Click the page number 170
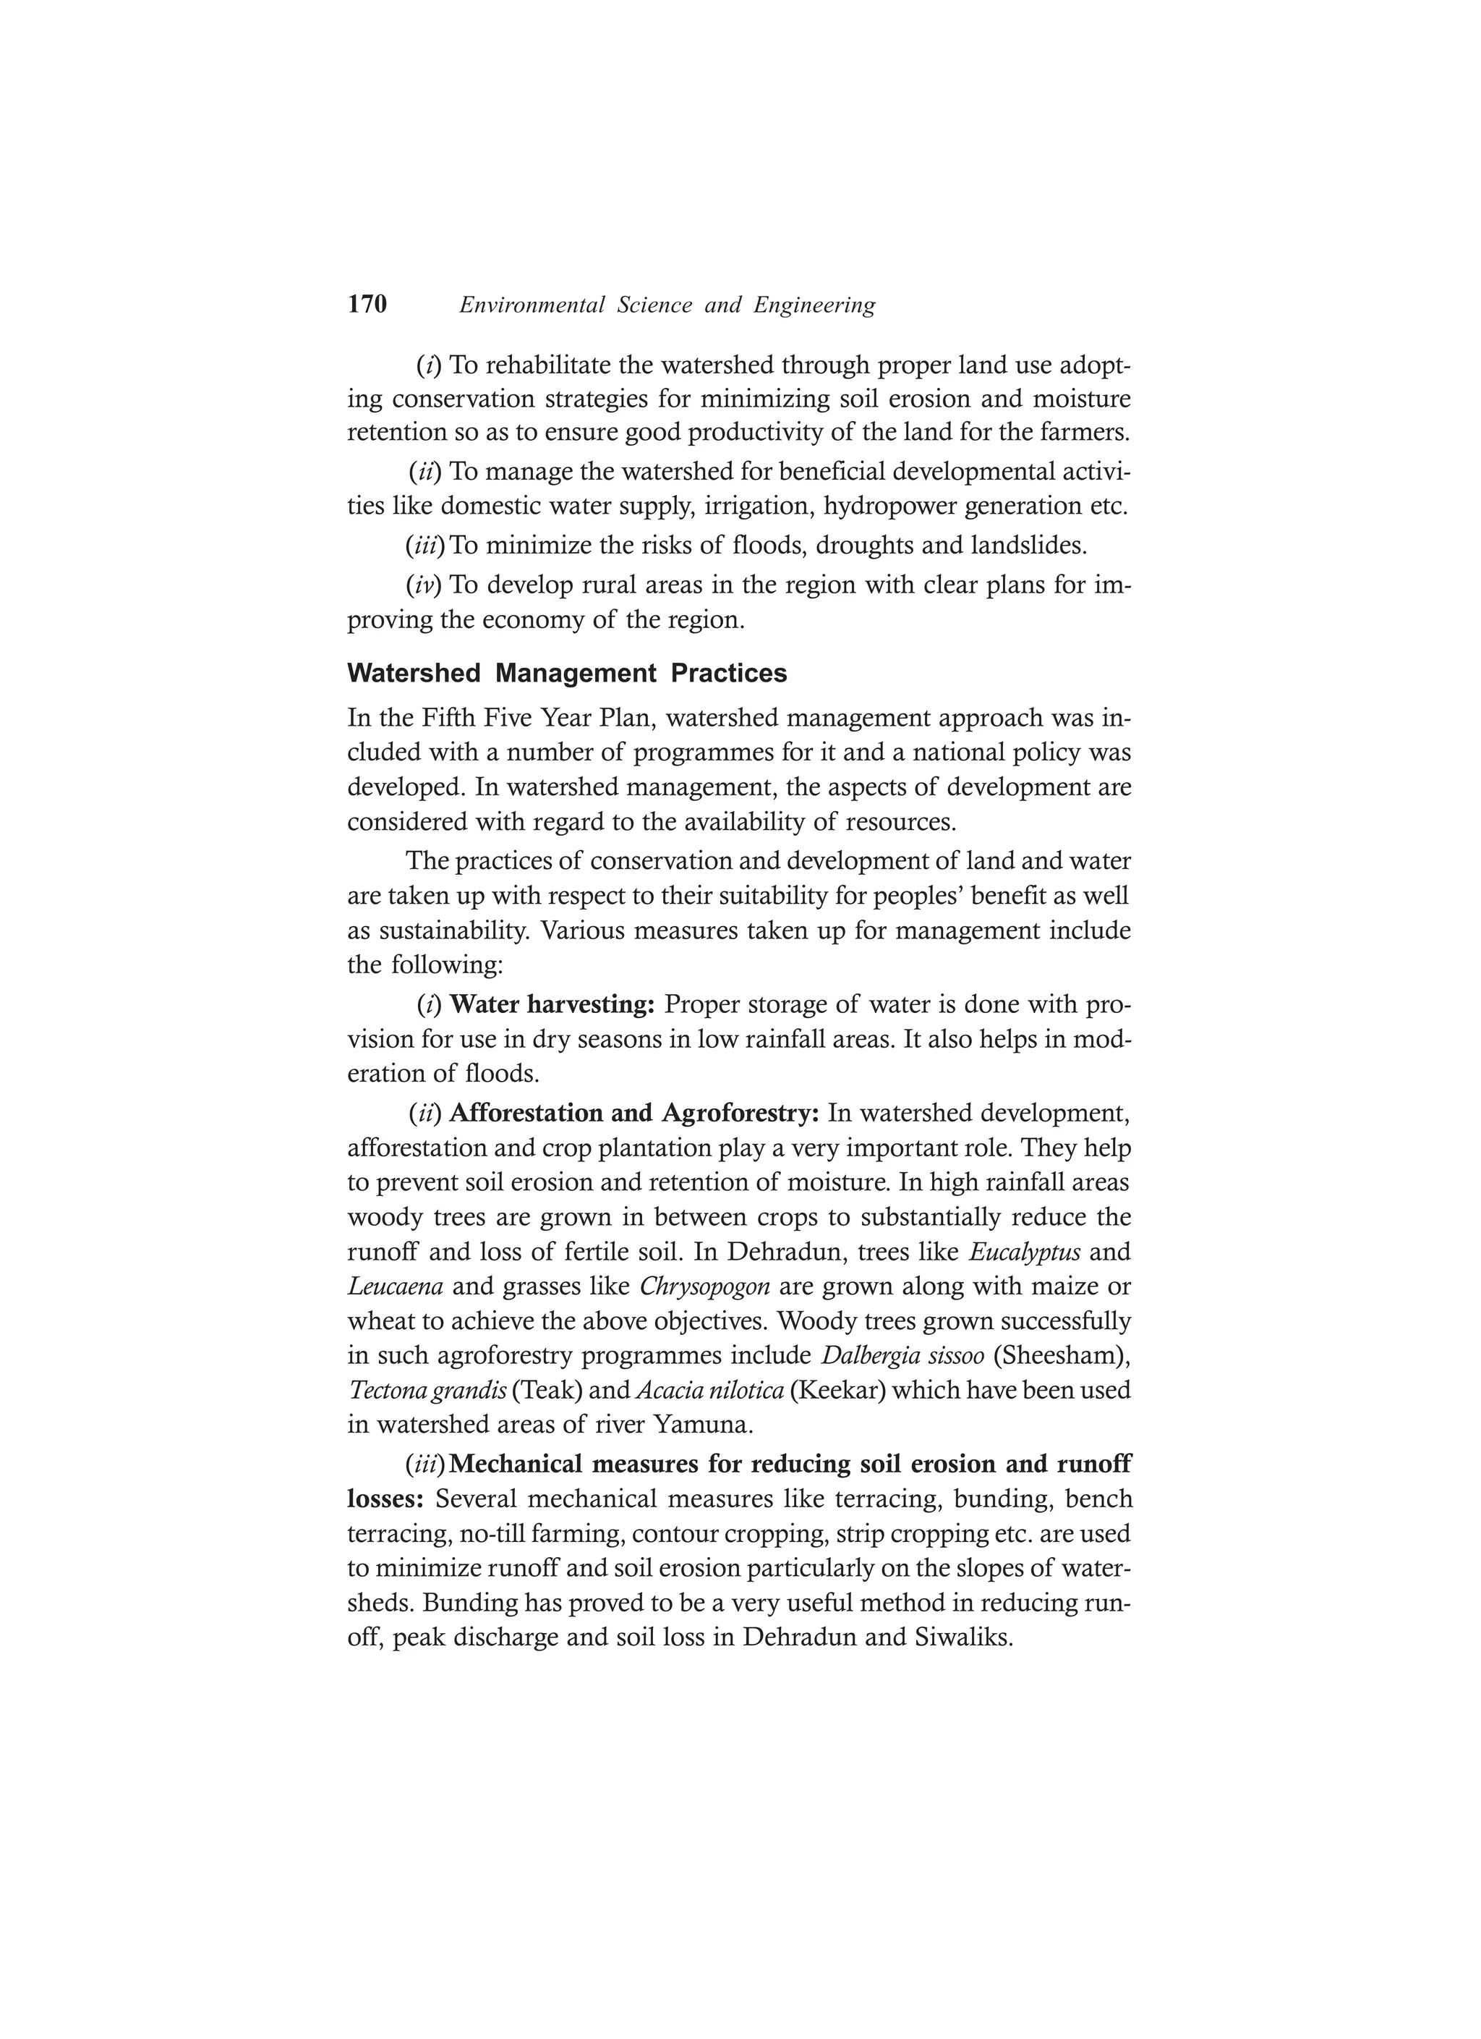pos(367,305)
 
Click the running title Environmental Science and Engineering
pos(667,305)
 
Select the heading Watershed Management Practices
pos(566,674)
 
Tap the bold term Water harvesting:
pos(552,1004)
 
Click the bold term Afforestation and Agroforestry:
pos(633,1114)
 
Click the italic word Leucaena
pos(395,1286)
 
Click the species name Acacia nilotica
pos(709,1391)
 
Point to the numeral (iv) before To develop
pos(424,585)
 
